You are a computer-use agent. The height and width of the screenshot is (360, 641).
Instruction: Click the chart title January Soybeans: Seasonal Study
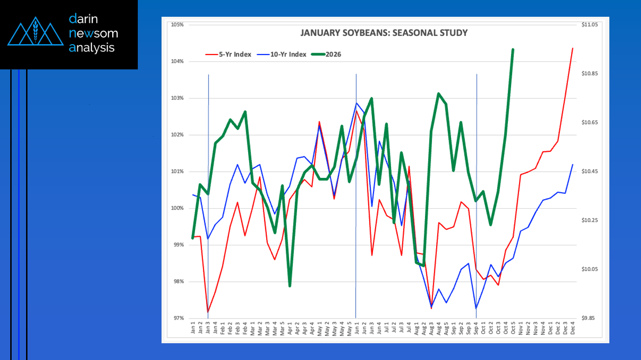tap(384, 33)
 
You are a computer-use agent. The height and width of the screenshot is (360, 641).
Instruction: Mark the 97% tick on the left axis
tap(177, 319)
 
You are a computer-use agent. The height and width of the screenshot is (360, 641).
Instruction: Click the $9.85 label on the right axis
tap(589, 319)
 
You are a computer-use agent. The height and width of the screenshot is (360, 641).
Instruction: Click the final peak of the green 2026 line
tap(513, 49)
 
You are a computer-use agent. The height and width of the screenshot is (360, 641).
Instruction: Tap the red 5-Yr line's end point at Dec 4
tap(572, 48)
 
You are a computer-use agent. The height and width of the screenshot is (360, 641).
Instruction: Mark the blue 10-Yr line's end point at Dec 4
tap(572, 164)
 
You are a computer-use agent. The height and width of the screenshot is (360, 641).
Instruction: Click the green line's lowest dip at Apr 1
tap(290, 285)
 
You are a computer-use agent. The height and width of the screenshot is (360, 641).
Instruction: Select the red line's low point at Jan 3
tap(208, 312)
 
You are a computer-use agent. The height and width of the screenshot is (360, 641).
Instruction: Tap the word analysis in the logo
tap(92, 48)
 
